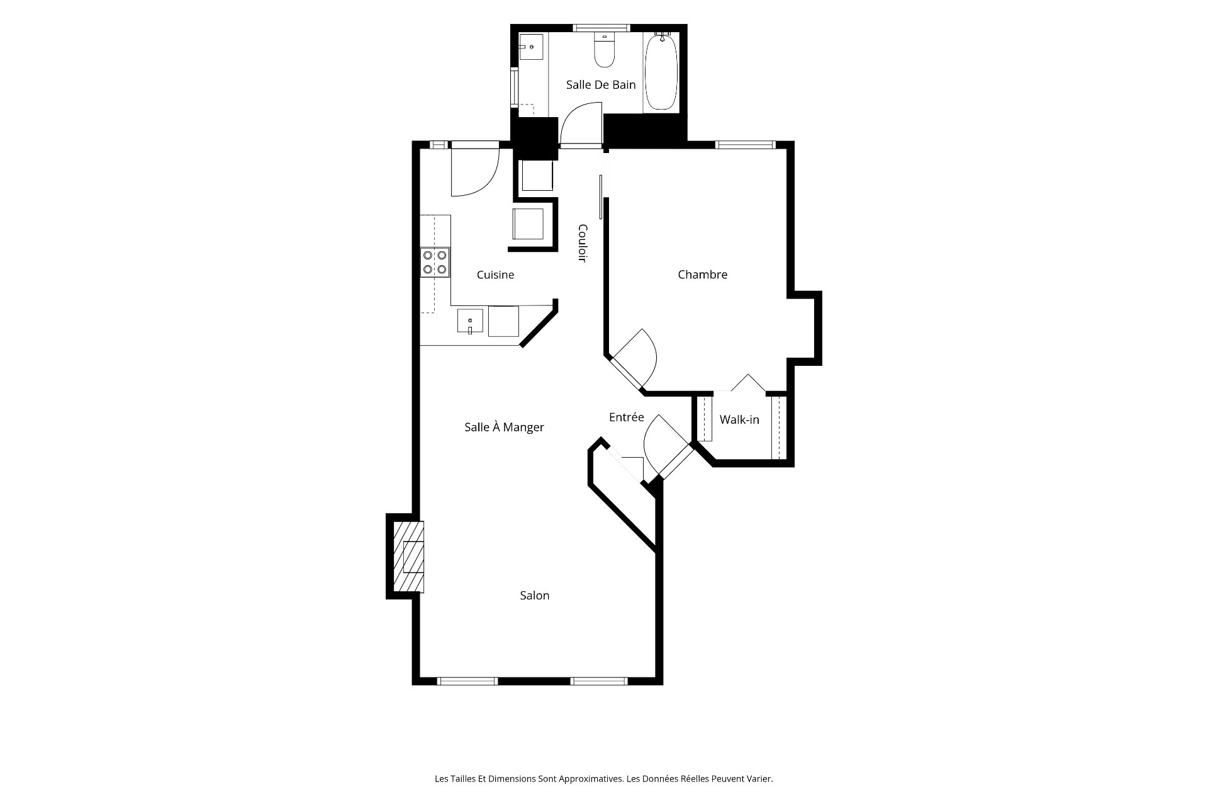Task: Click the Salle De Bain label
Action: pos(601,84)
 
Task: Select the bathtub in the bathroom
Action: pos(661,71)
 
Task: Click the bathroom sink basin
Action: pos(532,47)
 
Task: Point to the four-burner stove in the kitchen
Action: pos(435,262)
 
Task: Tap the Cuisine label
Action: pos(495,275)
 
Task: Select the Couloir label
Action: pos(583,243)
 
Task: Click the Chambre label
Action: pos(702,275)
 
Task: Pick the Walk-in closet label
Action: pos(739,419)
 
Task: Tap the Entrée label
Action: pos(626,417)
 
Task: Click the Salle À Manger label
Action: pos(504,427)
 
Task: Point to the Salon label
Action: pos(534,595)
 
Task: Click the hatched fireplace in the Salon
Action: pos(408,557)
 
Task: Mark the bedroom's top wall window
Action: pos(745,145)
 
